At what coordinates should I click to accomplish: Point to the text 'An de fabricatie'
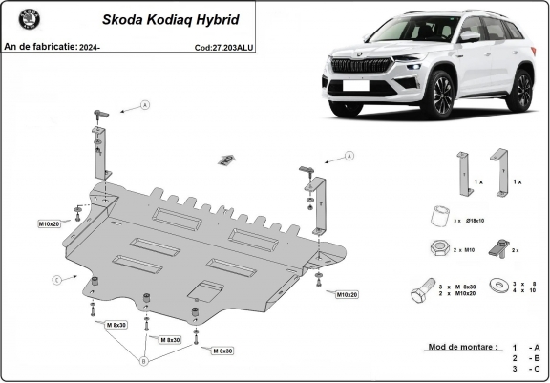37,46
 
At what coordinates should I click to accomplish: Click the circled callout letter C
56,279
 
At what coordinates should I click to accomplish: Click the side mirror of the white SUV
469,36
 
